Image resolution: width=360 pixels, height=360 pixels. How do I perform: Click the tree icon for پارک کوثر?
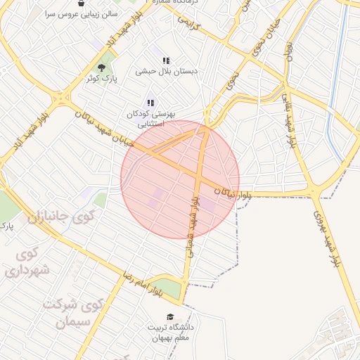[x=101, y=68]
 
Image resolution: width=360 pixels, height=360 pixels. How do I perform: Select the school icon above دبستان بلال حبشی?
[x=166, y=61]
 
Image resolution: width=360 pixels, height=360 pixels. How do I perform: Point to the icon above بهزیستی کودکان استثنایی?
[x=150, y=103]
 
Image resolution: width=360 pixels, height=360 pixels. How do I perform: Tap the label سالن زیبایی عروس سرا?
[x=82, y=14]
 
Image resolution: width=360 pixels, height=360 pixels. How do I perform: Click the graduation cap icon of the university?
[x=169, y=317]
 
